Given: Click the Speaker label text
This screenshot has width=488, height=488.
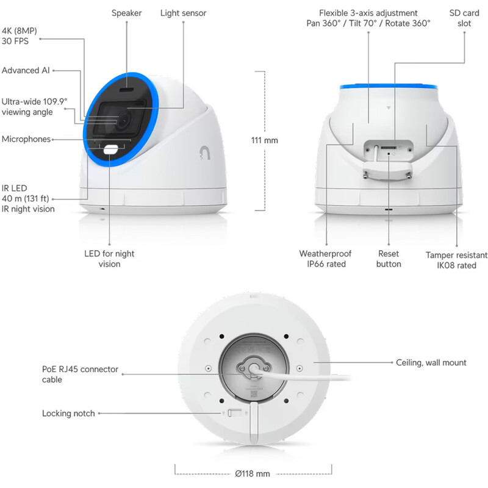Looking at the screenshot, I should [126, 13].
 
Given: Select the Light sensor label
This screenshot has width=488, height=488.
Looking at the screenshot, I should [183, 13].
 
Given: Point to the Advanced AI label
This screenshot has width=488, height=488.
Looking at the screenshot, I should [25, 70].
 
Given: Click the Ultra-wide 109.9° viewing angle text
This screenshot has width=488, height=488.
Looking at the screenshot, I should [34, 107].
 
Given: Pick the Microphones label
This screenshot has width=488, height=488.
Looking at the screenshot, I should [26, 139].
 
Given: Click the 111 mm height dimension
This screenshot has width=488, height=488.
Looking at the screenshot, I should [264, 140].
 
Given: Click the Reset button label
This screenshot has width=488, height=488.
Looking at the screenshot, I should [389, 259].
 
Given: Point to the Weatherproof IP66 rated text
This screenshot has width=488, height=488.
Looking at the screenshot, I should [322, 259].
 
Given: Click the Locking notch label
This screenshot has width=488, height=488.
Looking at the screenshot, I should [68, 414].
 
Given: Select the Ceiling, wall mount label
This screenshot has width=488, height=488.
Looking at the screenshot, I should [431, 362].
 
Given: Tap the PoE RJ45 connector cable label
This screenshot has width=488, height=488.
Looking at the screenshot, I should [80, 374].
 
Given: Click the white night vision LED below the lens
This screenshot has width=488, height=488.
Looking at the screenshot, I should [111, 150].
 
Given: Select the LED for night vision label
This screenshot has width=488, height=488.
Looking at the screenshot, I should [109, 259].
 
